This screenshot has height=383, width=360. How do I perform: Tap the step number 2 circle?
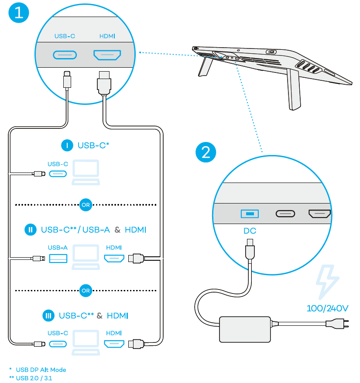[x=206, y=152]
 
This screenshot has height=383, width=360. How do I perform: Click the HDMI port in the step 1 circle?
[x=107, y=55]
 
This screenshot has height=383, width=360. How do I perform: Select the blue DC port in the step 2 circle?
[x=250, y=214]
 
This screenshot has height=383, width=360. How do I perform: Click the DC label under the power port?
[x=250, y=231]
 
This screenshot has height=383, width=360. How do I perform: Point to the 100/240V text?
[x=327, y=308]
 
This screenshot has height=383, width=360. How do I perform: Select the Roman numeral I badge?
[x=66, y=146]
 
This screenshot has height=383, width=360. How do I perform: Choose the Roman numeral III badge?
[x=48, y=315]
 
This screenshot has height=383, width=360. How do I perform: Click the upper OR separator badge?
[x=86, y=204]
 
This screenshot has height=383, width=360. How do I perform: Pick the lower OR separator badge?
[x=86, y=290]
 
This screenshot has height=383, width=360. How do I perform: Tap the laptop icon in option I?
[x=86, y=172]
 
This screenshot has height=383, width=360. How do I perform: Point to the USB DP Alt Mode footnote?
[x=41, y=370]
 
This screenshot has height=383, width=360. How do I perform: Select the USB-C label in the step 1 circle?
[x=65, y=36]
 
